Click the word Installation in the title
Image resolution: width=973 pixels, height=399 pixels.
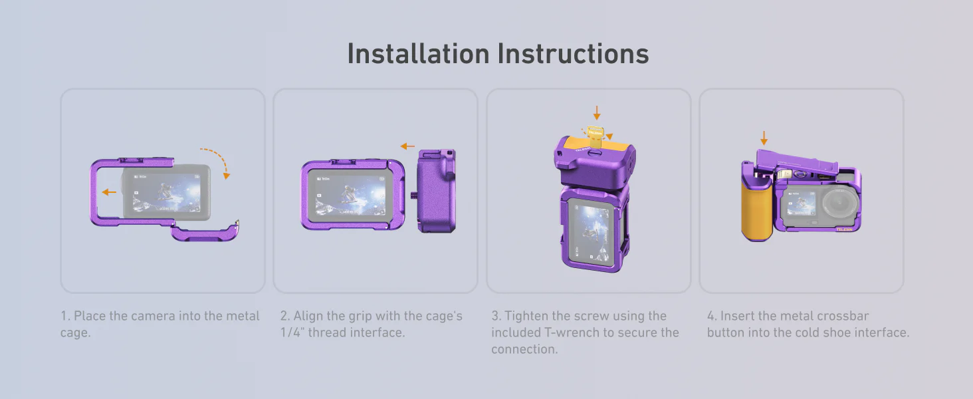pos(418,54)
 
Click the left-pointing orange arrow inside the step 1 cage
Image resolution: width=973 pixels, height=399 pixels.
pos(109,192)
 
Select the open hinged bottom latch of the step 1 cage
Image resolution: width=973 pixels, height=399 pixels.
pos(204,232)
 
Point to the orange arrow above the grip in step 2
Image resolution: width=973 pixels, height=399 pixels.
pos(407,146)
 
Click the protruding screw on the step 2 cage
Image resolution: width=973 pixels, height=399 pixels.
pos(413,196)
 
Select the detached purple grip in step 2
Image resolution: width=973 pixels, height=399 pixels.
pos(437,192)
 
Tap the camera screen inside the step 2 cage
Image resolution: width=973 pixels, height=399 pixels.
pos(350,195)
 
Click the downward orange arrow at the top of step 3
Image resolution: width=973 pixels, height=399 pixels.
pos(597,112)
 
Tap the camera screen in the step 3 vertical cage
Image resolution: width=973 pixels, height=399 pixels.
pos(592,232)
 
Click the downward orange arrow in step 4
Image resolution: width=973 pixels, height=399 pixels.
pos(764,138)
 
